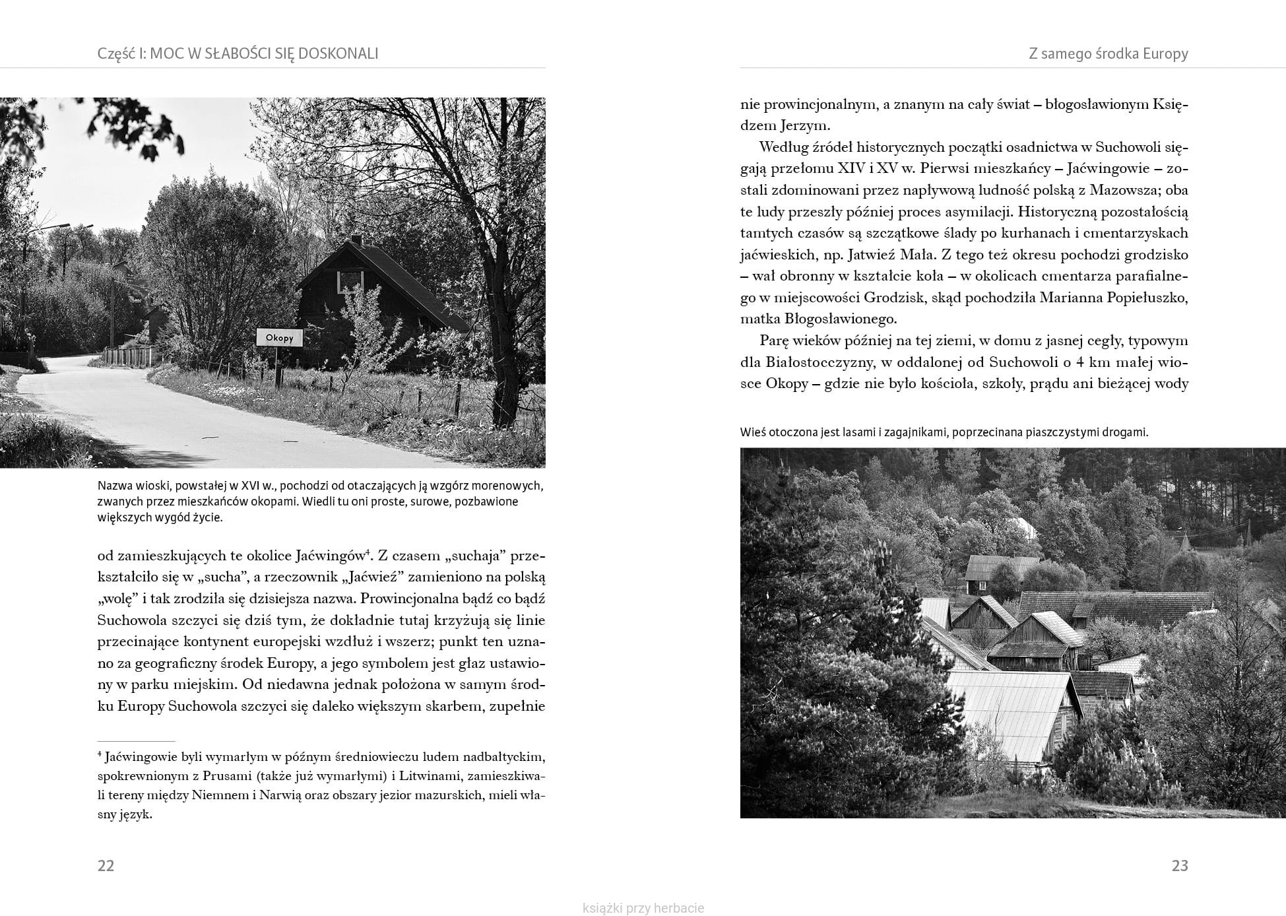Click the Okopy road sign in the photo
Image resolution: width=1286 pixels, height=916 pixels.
279,337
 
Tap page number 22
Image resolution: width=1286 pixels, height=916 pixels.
106,866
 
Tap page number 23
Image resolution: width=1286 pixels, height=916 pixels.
1179,866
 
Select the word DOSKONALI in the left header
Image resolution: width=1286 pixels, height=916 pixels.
338,54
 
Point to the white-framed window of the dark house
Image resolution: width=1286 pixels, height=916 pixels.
350,282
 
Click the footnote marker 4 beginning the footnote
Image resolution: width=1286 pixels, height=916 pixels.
100,754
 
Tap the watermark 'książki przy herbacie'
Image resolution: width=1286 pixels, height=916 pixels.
643,908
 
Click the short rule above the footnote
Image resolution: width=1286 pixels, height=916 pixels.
136,742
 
